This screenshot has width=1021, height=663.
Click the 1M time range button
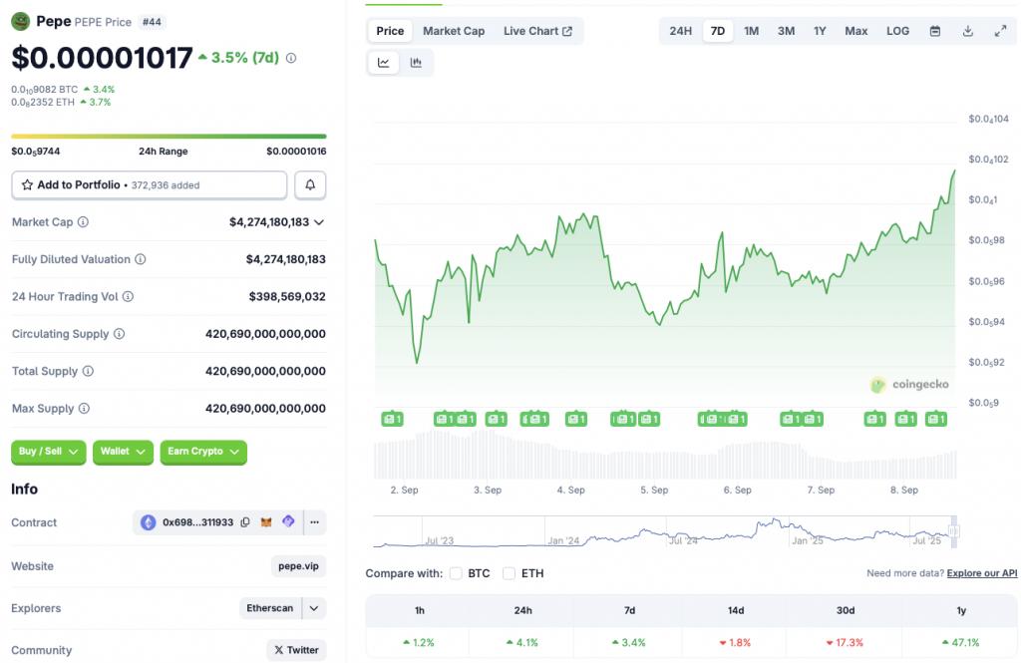[752, 31]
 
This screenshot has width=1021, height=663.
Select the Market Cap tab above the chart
[454, 31]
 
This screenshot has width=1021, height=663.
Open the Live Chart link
[537, 31]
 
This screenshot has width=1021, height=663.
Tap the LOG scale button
[897, 31]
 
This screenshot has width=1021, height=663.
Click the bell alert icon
[310, 185]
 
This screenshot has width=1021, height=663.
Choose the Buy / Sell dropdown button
[48, 452]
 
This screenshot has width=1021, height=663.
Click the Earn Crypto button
[203, 452]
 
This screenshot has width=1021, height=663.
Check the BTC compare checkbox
[456, 573]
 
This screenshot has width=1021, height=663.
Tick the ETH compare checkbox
[510, 573]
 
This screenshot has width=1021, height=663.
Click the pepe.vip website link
[298, 566]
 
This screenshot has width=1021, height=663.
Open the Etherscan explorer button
[270, 607]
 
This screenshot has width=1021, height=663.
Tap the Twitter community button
[296, 650]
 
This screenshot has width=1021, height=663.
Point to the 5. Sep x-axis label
[654, 490]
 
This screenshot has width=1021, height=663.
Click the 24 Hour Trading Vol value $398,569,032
[287, 296]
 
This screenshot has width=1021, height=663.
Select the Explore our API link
[982, 573]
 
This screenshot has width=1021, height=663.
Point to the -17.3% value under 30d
[846, 642]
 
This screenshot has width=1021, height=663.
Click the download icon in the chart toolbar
[967, 31]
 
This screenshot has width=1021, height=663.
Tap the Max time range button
[855, 31]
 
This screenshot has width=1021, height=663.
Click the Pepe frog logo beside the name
[21, 22]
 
